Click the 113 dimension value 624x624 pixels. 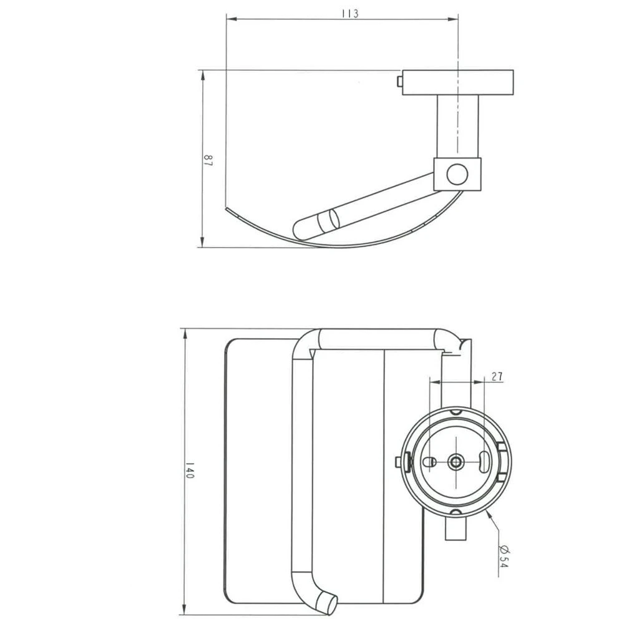click(x=349, y=14)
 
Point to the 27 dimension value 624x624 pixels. click(x=497, y=376)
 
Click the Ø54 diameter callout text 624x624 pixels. click(x=504, y=554)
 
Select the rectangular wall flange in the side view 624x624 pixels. click(x=459, y=82)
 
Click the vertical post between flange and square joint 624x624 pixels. click(x=458, y=127)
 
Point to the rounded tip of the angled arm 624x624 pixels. click(x=300, y=228)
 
